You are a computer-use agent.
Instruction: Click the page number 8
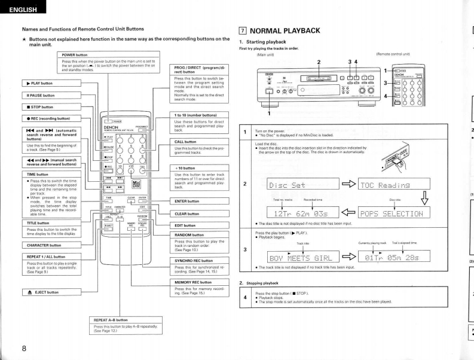(25, 349)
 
